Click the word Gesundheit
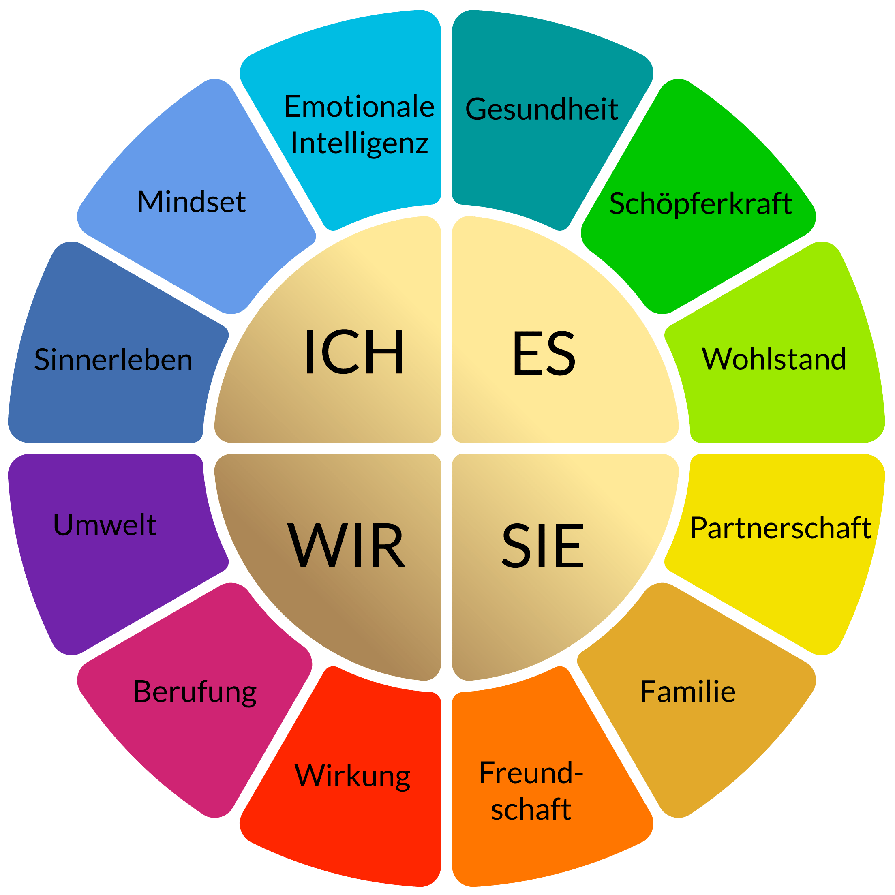coord(541,110)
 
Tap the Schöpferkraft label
coord(700,204)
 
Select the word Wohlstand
coord(774,359)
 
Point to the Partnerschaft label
coord(781,528)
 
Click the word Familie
coord(687,692)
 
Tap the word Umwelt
coord(105,525)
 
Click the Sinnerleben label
coord(113,360)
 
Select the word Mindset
coord(191,202)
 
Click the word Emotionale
coord(359,107)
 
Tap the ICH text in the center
coord(354,352)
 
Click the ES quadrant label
coord(544,353)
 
